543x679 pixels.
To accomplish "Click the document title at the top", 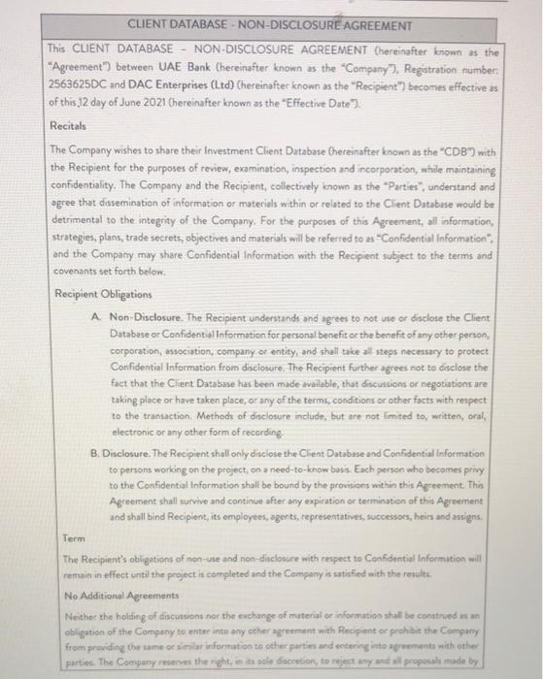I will tap(270, 25).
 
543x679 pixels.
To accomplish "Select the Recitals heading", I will tap(68, 126).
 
